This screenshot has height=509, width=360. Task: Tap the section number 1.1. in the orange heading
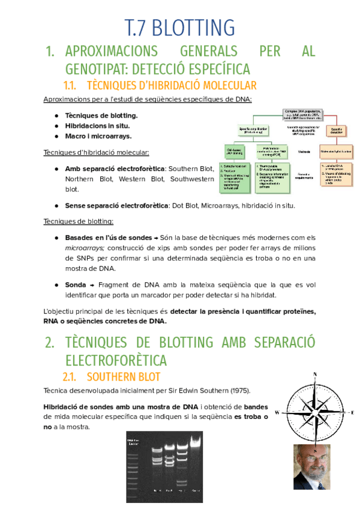(73, 85)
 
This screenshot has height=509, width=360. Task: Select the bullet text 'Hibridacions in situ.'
(97, 126)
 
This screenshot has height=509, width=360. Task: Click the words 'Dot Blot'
(185, 205)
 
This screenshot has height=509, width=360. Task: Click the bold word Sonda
(76, 285)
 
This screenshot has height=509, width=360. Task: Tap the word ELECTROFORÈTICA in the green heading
(116, 360)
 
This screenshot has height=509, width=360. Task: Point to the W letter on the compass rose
(277, 412)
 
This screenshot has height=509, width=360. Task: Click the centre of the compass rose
(315, 412)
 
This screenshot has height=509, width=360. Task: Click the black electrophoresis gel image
(164, 466)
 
